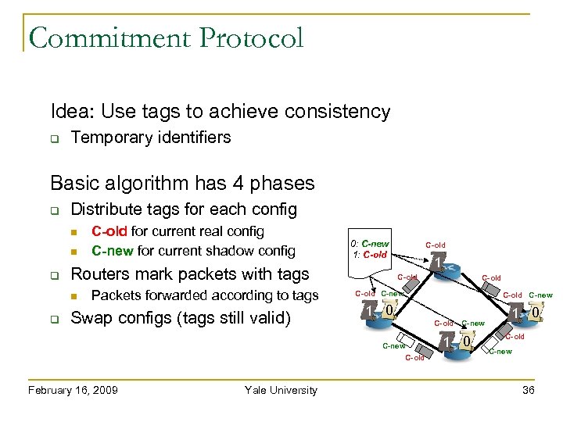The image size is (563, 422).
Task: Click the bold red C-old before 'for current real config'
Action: click(x=109, y=231)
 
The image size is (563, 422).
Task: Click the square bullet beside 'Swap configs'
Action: click(x=56, y=319)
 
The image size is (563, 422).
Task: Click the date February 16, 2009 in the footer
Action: click(x=72, y=390)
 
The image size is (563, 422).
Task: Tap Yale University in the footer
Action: click(x=281, y=390)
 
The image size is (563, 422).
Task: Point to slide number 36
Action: click(x=529, y=390)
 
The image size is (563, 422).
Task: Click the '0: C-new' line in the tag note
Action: click(x=370, y=244)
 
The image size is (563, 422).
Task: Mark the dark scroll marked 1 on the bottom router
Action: click(x=446, y=342)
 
